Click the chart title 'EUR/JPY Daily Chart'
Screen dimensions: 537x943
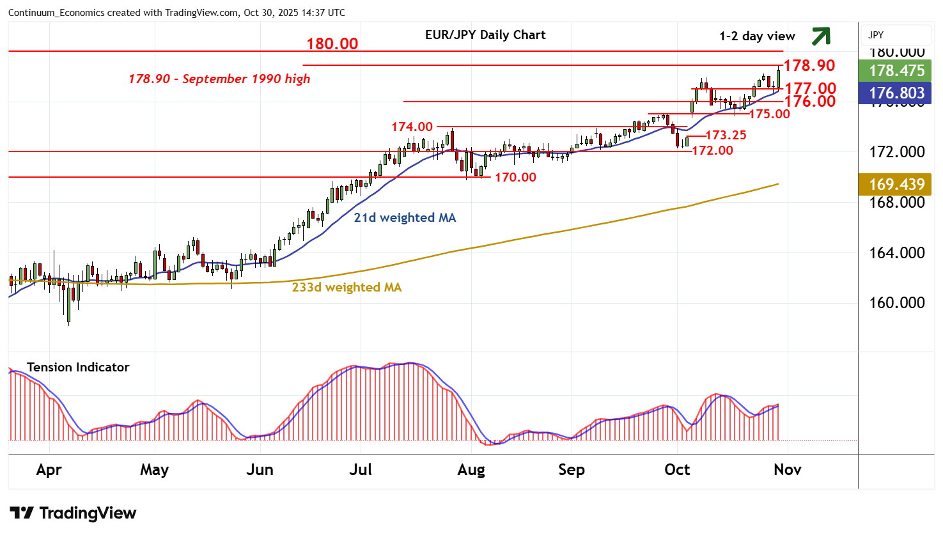(485, 35)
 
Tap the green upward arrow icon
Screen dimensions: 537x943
(821, 36)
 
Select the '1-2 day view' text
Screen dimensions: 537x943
(757, 36)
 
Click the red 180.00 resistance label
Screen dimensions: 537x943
(332, 43)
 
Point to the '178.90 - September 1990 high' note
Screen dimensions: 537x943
(219, 79)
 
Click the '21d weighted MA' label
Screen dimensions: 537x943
(405, 218)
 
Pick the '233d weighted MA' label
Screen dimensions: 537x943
(347, 288)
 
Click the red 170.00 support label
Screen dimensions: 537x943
(515, 178)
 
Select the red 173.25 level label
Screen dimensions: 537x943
(726, 136)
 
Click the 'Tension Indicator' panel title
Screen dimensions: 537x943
(78, 368)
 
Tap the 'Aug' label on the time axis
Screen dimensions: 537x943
(471, 471)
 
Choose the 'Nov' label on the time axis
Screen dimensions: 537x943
(787, 471)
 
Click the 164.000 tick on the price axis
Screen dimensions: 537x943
(896, 253)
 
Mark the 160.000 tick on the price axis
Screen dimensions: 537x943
(896, 303)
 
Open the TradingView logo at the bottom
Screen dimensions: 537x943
(73, 513)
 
